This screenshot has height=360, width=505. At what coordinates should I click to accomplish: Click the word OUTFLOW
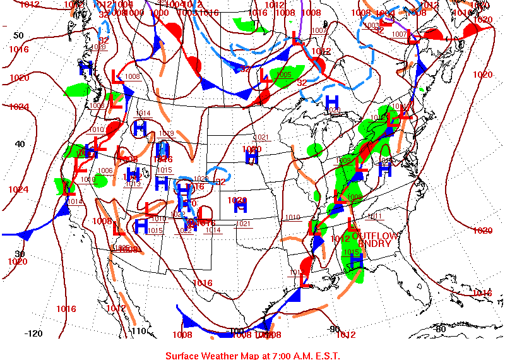(x=376, y=236)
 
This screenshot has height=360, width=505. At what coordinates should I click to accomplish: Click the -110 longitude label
(x=138, y=331)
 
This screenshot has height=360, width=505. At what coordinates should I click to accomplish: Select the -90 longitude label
(x=334, y=329)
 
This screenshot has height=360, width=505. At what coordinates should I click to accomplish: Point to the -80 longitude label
(x=440, y=328)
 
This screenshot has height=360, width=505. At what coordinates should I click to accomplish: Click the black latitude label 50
(x=18, y=35)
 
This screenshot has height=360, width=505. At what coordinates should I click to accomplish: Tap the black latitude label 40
(x=20, y=144)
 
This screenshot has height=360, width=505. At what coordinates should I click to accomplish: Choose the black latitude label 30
(x=20, y=254)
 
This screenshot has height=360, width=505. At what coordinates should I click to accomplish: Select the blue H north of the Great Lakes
(x=331, y=102)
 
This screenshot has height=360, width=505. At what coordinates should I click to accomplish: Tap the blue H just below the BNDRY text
(x=356, y=261)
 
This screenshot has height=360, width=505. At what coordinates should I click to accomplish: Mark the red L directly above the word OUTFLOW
(x=352, y=223)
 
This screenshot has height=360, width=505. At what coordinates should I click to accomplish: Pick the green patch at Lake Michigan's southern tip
(x=314, y=150)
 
